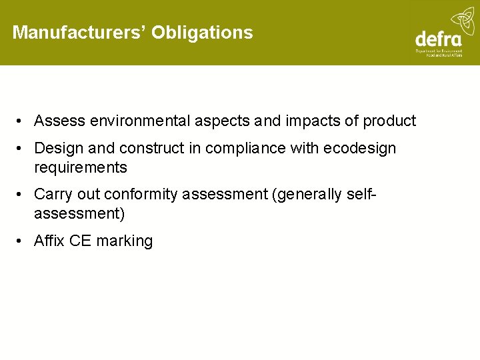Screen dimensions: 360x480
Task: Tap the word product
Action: [389, 121]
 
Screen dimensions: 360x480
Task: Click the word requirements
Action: [80, 167]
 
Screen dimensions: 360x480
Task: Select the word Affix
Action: [49, 241]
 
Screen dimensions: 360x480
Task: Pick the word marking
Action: [125, 241]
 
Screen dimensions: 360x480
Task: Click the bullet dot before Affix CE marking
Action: [22, 241]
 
